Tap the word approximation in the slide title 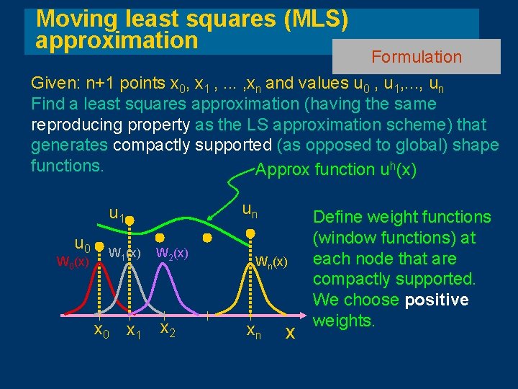coord(117,40)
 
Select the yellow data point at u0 coord(100,244)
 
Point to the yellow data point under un coord(250,232)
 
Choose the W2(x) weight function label coord(172,253)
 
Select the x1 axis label coord(132,331)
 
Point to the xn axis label coord(253,331)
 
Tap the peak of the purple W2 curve coord(163,268)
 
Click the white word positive coord(436,299)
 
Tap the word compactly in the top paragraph coord(153,145)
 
